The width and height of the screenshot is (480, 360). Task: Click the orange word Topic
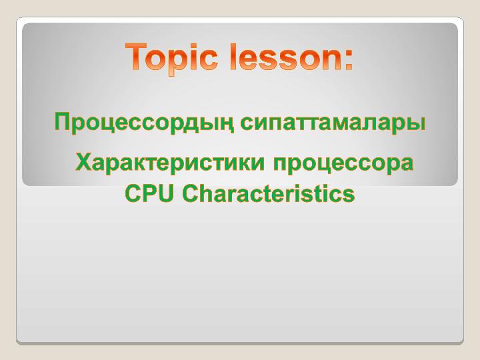[x=171, y=58]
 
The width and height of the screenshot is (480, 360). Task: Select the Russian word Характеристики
[x=170, y=163]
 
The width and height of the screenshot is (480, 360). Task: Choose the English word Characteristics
[x=268, y=193]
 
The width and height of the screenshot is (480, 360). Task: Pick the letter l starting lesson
[x=233, y=57]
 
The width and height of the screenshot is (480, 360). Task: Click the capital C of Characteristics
[x=190, y=193]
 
